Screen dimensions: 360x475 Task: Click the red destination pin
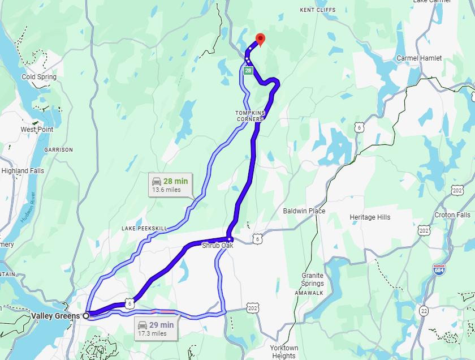tap(260, 39)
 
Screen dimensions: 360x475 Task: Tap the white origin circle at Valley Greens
tap(87, 316)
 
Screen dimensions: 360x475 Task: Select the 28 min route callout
tap(171, 185)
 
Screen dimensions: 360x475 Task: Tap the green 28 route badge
tap(248, 71)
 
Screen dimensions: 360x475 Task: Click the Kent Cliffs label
tap(317, 10)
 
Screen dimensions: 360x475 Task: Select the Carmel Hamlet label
tap(419, 58)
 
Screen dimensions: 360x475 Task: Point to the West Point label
tap(37, 130)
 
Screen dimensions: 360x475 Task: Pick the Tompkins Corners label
tap(249, 116)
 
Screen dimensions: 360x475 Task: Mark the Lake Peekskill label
tap(144, 228)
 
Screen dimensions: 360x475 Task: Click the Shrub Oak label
tap(217, 246)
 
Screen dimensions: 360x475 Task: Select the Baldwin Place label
tap(304, 211)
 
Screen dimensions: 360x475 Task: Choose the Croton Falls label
tap(452, 215)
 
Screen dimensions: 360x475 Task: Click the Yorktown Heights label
tap(284, 352)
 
